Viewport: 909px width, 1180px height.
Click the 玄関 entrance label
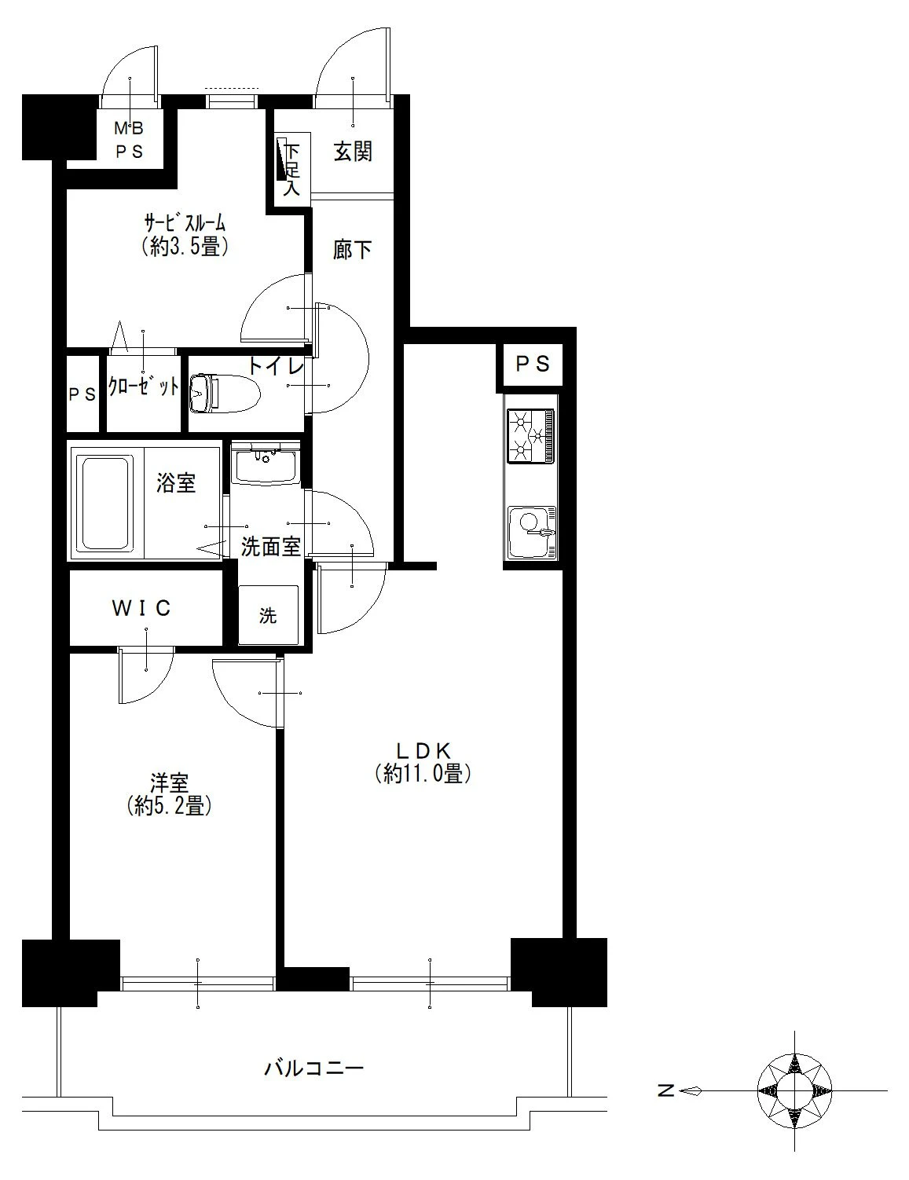pos(353,151)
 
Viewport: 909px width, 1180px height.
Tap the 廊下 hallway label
pos(352,249)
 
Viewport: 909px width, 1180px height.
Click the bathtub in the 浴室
pos(106,502)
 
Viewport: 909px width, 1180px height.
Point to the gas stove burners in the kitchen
pos(532,435)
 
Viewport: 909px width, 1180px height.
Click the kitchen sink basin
pos(532,532)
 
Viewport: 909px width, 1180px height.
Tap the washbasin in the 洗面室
pos(266,464)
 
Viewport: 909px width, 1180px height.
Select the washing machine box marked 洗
pos(268,615)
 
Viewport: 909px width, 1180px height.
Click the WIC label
pos(141,608)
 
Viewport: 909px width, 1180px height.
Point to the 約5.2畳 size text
pos(169,806)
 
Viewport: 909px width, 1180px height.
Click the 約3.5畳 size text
pos(185,247)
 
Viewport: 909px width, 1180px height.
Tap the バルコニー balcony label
pos(313,1070)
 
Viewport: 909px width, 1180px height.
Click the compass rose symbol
pos(794,1090)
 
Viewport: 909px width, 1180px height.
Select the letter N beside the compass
pos(666,1090)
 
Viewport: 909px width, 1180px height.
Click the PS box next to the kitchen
pos(532,363)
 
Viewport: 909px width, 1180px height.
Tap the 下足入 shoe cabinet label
pos(292,169)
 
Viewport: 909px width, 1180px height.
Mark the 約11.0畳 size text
pos(423,774)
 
